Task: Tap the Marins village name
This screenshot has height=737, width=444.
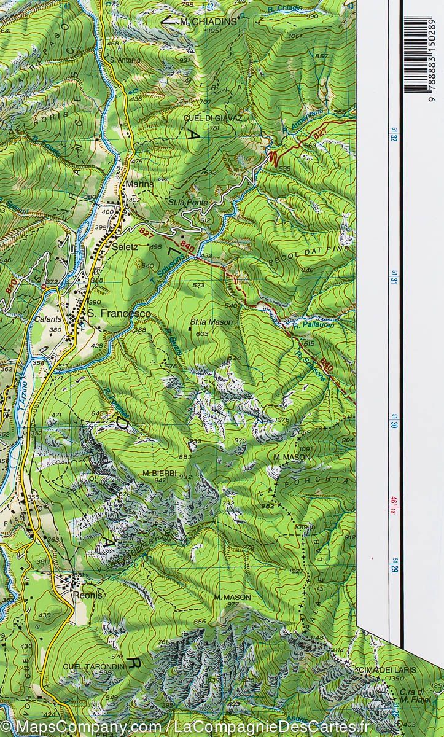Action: pyautogui.click(x=138, y=184)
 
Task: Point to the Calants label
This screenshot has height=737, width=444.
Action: pyautogui.click(x=63, y=319)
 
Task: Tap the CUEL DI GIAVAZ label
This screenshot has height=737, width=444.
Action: pyautogui.click(x=212, y=117)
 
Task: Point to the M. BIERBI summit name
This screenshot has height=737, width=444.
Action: pyautogui.click(x=159, y=473)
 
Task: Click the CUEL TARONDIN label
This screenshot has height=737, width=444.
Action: pyautogui.click(x=95, y=665)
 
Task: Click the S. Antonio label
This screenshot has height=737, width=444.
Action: pyautogui.click(x=125, y=60)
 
